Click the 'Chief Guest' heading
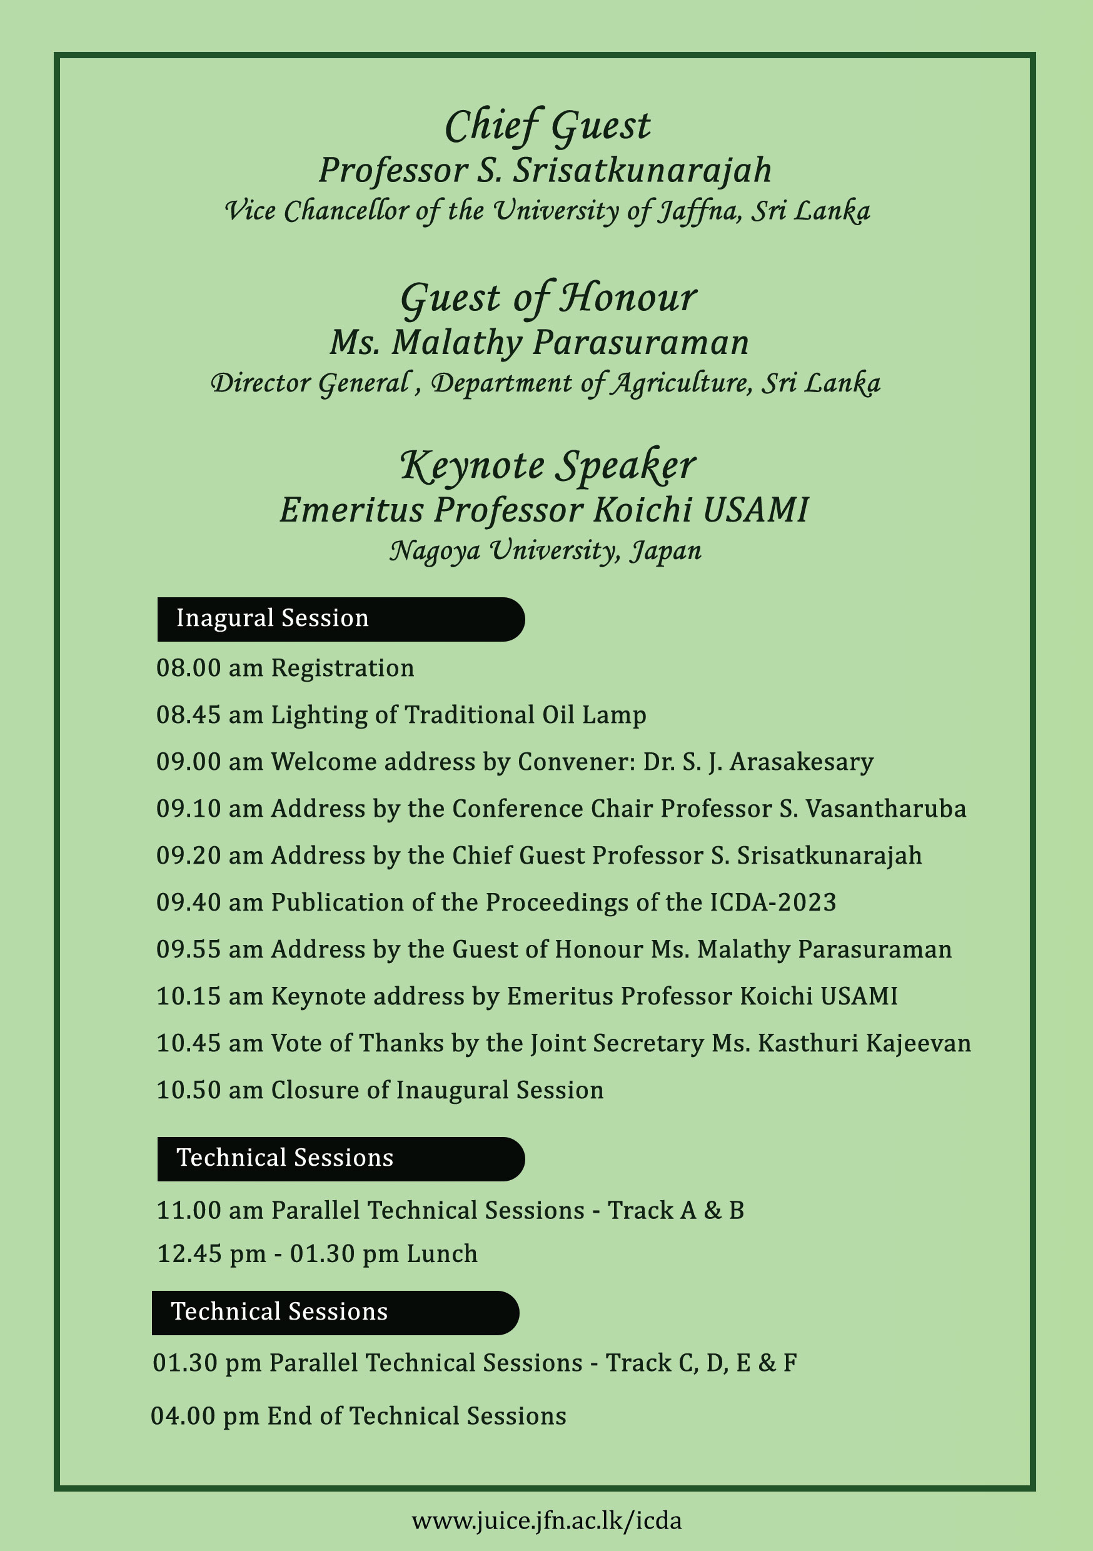click(547, 126)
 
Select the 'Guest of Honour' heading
click(548, 298)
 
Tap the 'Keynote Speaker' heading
click(548, 466)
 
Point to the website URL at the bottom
click(546, 1520)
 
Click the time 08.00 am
click(209, 668)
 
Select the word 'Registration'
click(343, 668)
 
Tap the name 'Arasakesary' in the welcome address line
click(801, 762)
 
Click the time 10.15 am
click(209, 996)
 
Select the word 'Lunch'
click(442, 1254)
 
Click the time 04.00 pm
click(204, 1416)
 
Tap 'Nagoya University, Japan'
click(546, 550)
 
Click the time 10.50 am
click(209, 1090)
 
